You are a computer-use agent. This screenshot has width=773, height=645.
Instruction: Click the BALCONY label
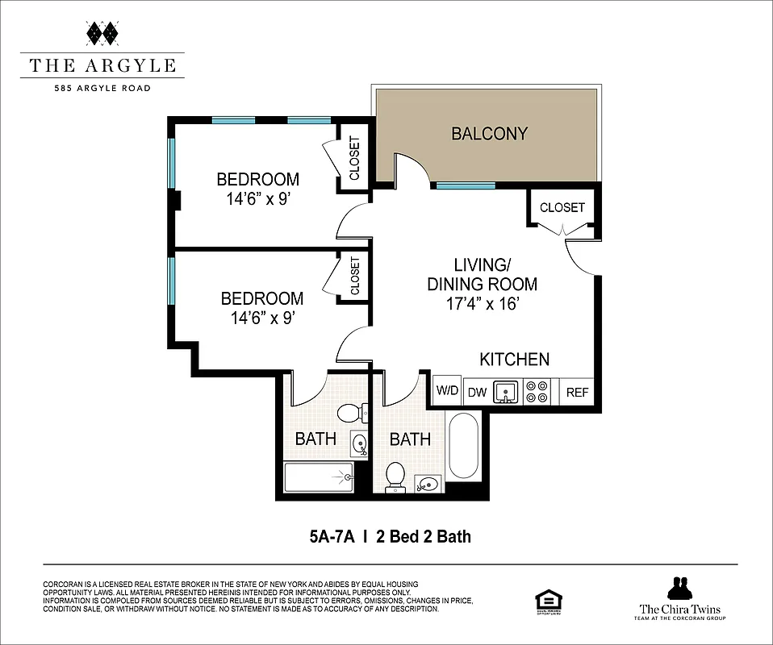click(x=489, y=134)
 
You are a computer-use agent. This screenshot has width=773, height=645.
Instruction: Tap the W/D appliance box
click(x=447, y=392)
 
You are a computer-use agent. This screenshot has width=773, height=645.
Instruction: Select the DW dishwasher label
click(x=476, y=393)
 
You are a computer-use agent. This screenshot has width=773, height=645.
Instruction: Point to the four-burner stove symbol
click(x=537, y=392)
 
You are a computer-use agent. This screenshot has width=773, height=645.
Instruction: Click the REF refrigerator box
click(x=577, y=393)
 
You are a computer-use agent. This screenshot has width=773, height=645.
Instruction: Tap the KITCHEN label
click(x=514, y=360)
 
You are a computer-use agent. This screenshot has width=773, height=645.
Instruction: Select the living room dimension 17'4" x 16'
click(x=483, y=304)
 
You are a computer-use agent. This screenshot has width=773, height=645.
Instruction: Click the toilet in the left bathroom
click(x=349, y=414)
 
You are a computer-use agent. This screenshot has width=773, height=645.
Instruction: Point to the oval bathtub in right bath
click(x=463, y=446)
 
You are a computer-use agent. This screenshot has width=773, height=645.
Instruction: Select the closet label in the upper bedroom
click(x=354, y=157)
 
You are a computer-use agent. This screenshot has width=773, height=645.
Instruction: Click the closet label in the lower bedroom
click(x=354, y=276)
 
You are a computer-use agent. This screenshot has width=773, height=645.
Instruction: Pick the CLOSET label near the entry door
click(x=562, y=207)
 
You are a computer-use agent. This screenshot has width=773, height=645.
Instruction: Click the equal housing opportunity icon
click(x=548, y=602)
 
